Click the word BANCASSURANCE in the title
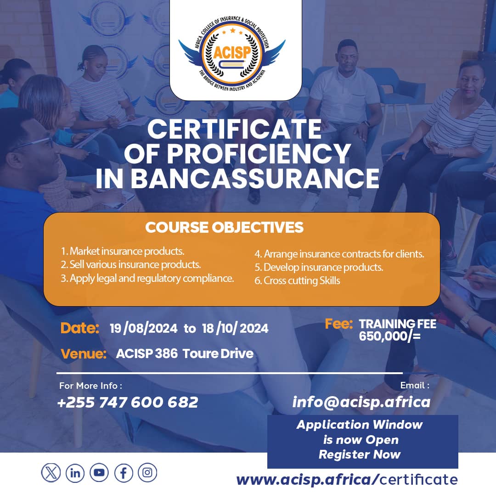[255, 179]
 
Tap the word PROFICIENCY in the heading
[259, 154]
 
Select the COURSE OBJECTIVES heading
[224, 227]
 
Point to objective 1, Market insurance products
[123, 251]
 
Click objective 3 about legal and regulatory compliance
[147, 278]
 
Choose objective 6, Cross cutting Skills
[297, 280]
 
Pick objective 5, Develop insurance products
[319, 267]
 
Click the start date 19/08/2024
[144, 329]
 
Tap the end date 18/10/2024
[235, 329]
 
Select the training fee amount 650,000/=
[390, 336]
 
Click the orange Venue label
[84, 354]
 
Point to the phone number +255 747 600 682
[128, 402]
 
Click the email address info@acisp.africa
[361, 402]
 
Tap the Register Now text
[360, 454]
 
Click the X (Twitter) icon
[51, 473]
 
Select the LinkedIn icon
[75, 473]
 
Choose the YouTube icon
[99, 473]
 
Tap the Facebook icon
[124, 473]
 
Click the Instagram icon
[147, 473]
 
